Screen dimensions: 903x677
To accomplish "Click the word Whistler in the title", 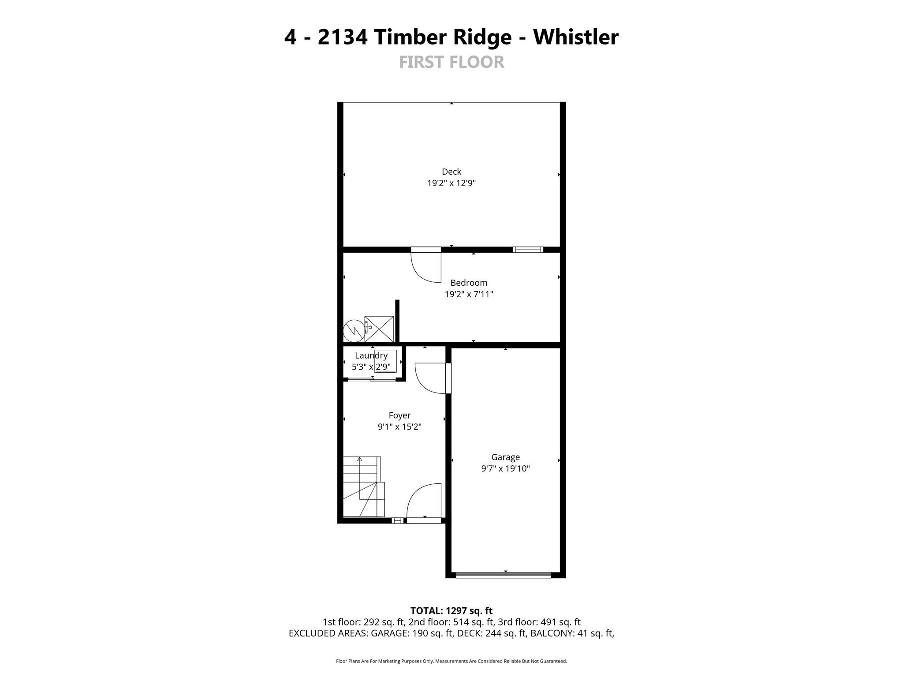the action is click(576, 37).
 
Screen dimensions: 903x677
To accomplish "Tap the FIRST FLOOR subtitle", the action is click(451, 62).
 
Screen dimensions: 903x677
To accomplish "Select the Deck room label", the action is click(451, 172).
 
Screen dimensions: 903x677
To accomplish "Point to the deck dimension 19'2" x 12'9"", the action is click(451, 183).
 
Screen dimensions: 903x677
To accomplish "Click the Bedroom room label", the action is click(469, 283).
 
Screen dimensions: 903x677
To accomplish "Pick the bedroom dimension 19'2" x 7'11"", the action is click(469, 294).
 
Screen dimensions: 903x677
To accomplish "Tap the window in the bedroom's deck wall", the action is click(528, 250).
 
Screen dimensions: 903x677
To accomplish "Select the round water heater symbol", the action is click(354, 331).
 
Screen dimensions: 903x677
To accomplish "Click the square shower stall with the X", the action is click(379, 329).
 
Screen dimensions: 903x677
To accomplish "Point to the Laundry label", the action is click(371, 355).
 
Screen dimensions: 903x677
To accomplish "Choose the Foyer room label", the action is click(399, 415).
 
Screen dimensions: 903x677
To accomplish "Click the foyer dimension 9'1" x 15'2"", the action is click(399, 427).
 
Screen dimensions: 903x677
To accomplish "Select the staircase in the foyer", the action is click(364, 486).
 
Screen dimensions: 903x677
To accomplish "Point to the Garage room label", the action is click(505, 457).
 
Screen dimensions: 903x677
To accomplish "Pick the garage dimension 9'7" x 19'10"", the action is click(505, 469).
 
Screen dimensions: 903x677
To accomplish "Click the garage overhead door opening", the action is click(504, 575).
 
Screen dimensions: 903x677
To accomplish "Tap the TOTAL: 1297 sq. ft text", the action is click(451, 611).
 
